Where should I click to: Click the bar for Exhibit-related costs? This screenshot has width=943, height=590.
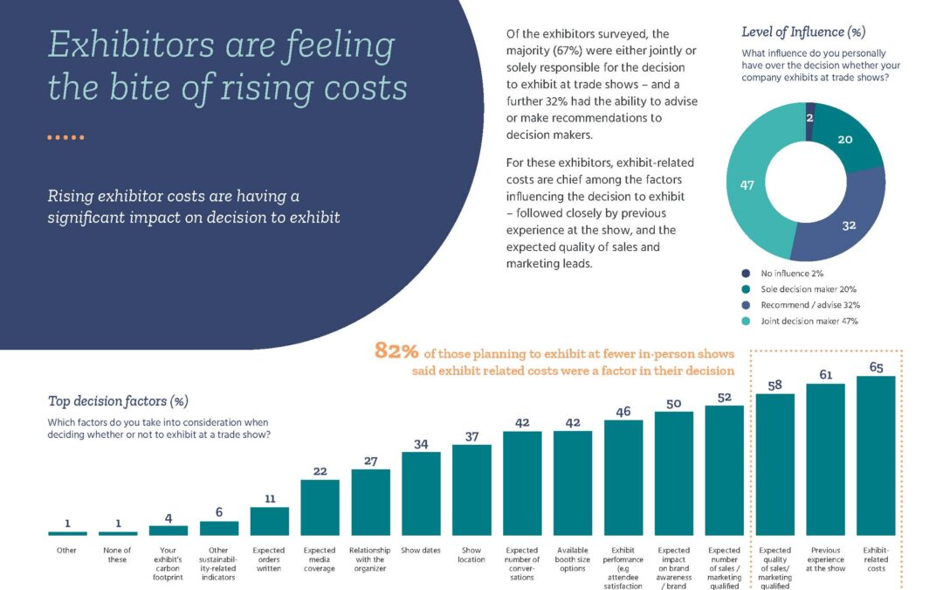pyautogui.click(x=876, y=455)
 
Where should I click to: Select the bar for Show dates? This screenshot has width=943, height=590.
pyautogui.click(x=421, y=493)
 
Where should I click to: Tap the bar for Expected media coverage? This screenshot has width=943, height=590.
pyautogui.click(x=320, y=507)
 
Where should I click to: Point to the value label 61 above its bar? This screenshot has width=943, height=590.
pyautogui.click(x=825, y=374)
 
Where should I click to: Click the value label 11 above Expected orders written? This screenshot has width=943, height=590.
pyautogui.click(x=269, y=498)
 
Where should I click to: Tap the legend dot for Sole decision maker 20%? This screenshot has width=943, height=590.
pyautogui.click(x=747, y=289)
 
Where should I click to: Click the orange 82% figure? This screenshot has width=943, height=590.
pyautogui.click(x=396, y=352)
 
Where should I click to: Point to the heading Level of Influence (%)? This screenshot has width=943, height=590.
pyautogui.click(x=802, y=32)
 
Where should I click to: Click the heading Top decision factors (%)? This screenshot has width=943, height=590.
pyautogui.click(x=118, y=401)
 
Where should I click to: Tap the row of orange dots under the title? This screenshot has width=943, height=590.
pyautogui.click(x=65, y=137)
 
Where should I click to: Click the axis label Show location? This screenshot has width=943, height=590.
pyautogui.click(x=471, y=555)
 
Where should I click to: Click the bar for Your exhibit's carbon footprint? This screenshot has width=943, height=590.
pyautogui.click(x=169, y=530)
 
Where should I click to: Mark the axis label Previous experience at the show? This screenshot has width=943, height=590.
pyautogui.click(x=825, y=559)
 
